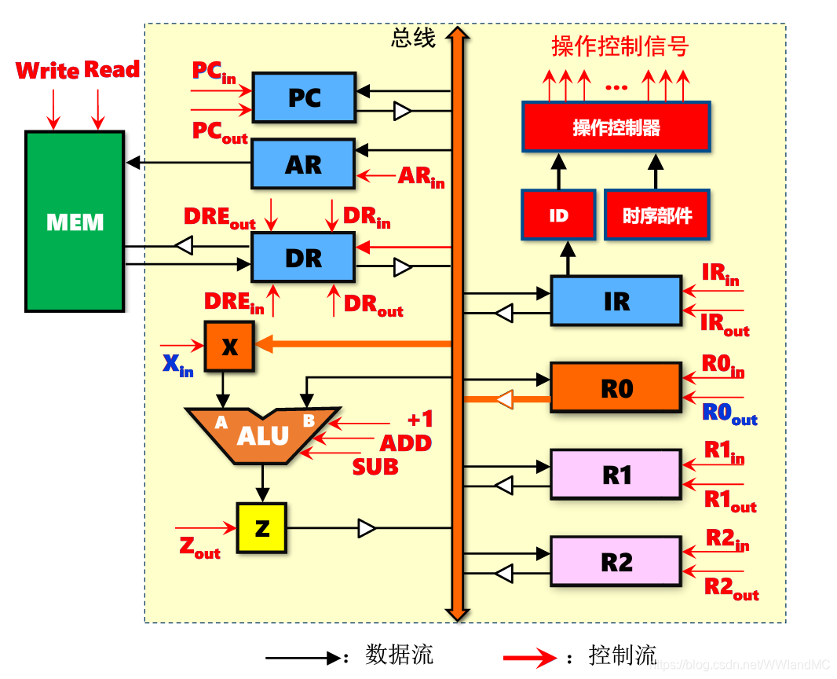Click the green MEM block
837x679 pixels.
tap(75, 222)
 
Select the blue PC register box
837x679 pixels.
tap(303, 97)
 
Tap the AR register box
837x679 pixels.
tap(303, 164)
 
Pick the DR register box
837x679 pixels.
tap(303, 258)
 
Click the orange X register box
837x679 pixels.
tap(229, 347)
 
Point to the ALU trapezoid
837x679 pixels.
tap(262, 435)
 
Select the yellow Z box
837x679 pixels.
tap(262, 528)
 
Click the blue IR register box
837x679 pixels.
tap(616, 301)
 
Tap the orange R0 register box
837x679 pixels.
tap(616, 387)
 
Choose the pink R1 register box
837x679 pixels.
tap(616, 475)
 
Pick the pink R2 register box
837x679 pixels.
tap(616, 562)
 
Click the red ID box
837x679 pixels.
tap(558, 215)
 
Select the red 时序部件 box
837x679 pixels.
tap(657, 215)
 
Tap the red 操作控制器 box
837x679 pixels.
tap(616, 127)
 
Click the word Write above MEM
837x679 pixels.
tap(47, 71)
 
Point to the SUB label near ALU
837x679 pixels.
tap(375, 467)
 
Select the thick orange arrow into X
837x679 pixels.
tap(353, 343)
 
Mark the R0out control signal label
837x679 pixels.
tap(729, 413)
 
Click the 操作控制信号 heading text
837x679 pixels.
tap(620, 46)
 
